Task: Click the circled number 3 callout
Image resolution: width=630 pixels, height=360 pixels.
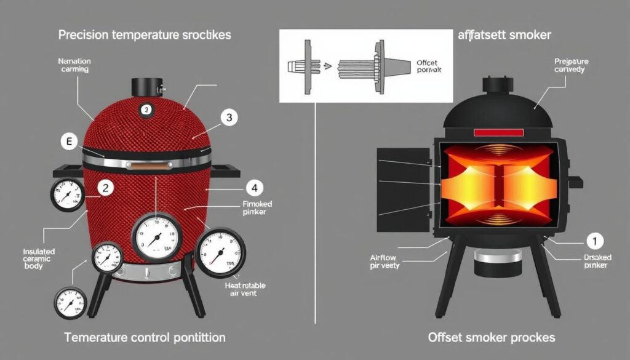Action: pyautogui.click(x=228, y=119)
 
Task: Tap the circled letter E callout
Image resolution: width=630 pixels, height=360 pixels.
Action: pyautogui.click(x=69, y=142)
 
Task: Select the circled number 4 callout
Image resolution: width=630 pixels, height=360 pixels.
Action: pyautogui.click(x=253, y=187)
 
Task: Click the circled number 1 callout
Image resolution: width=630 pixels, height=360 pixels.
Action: pyautogui.click(x=594, y=241)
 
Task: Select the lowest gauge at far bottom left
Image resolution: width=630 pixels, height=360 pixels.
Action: pyautogui.click(x=68, y=302)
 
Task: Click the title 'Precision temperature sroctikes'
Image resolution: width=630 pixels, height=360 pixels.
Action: pyautogui.click(x=145, y=35)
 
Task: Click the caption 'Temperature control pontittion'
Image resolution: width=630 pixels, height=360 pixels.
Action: pyautogui.click(x=145, y=337)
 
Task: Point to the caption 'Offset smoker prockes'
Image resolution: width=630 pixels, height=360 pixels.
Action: pyautogui.click(x=491, y=337)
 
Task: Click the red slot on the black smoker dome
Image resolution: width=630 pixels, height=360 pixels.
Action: pyautogui.click(x=498, y=133)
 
